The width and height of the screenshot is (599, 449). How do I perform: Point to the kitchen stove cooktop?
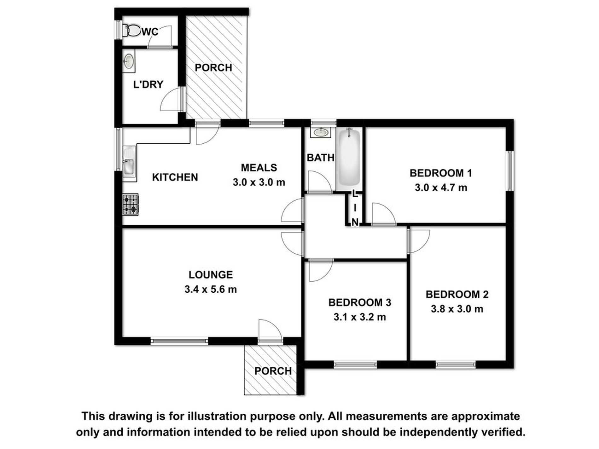click(131, 204)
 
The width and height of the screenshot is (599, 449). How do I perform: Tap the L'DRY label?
click(148, 84)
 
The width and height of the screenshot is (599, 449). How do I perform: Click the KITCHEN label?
click(175, 177)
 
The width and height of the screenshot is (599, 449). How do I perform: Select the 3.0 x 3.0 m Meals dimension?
click(259, 182)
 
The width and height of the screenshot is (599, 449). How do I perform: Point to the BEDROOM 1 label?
click(441, 173)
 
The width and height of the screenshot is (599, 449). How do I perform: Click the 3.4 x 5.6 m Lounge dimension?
click(211, 289)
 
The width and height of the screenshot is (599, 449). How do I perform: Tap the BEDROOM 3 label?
click(360, 302)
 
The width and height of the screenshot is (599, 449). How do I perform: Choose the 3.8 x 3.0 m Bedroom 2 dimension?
click(457, 309)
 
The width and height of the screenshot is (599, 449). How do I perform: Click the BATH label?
click(321, 158)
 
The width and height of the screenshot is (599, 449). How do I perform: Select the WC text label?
click(150, 32)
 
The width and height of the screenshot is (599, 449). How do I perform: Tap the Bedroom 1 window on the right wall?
click(510, 171)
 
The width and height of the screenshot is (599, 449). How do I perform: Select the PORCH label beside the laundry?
click(213, 68)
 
